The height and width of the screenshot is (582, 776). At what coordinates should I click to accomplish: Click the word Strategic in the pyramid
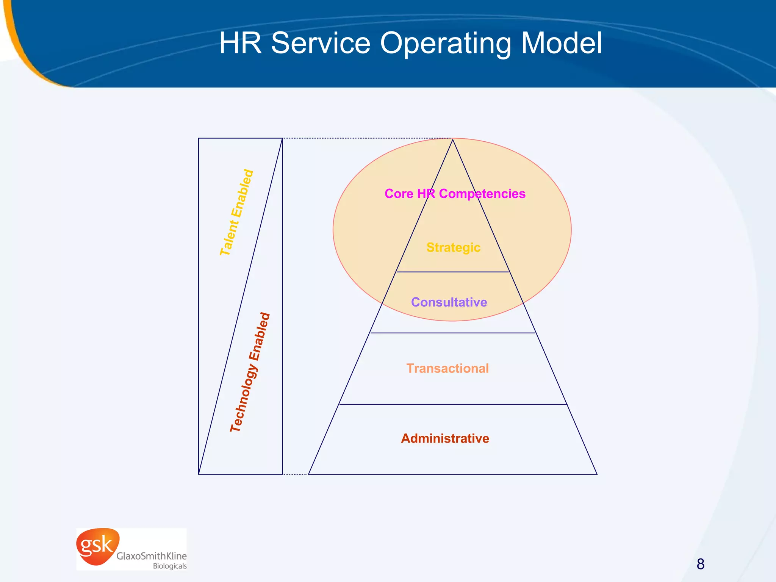pos(453,247)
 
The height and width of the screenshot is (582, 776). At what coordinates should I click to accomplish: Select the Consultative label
pos(449,302)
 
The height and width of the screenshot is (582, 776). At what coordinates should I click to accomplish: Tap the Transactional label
pos(447,368)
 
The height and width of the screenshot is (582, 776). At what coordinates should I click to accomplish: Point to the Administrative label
pos(445,438)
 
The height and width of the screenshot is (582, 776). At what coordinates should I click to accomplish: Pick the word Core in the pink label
pos(399,194)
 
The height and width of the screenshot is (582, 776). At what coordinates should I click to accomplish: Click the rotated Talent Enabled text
pos(236,213)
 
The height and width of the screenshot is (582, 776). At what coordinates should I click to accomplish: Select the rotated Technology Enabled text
pos(250,372)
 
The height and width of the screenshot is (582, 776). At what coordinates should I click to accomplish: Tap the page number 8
pos(700,564)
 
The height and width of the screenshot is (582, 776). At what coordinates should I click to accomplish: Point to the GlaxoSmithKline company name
pos(151,556)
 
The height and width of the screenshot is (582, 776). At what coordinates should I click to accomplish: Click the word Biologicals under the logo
pos(170,566)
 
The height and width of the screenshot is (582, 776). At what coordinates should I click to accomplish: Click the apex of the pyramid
pos(452,140)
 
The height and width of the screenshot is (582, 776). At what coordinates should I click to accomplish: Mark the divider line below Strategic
pos(452,272)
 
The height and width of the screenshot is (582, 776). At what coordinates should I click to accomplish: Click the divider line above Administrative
pos(452,404)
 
